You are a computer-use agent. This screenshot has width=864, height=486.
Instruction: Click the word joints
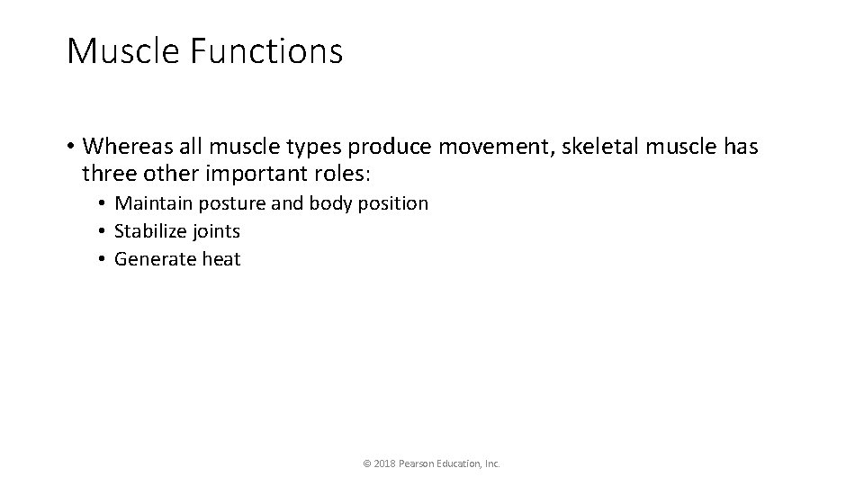[216, 231]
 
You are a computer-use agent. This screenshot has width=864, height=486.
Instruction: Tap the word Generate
[150, 259]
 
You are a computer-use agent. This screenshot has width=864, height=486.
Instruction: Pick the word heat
[221, 259]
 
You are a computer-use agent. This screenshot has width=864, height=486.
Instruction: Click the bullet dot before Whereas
[70, 146]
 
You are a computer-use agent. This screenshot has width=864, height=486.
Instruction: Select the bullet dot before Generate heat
[104, 260]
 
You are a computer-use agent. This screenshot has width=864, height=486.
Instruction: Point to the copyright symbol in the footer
[366, 463]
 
